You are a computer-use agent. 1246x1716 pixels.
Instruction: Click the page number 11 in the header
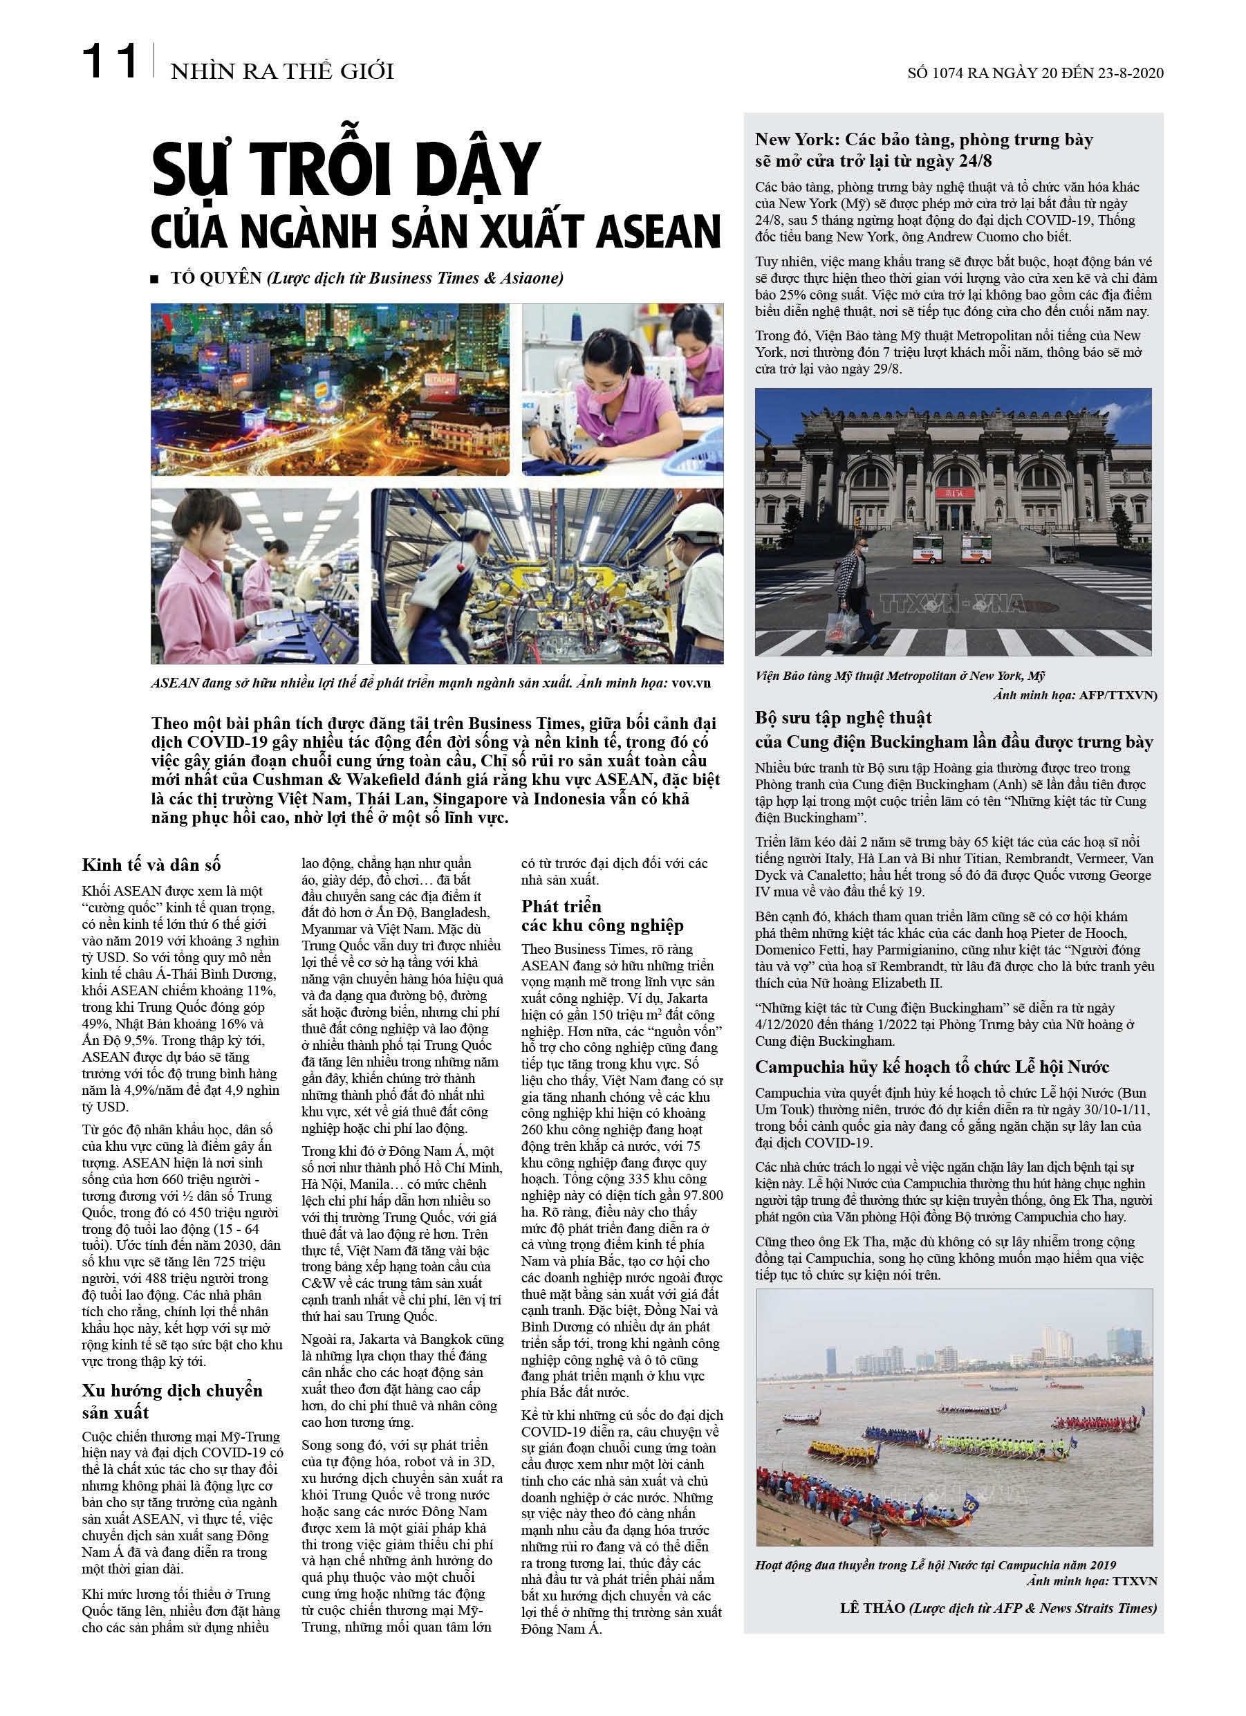click(110, 62)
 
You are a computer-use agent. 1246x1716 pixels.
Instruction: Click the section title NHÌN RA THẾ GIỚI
click(282, 72)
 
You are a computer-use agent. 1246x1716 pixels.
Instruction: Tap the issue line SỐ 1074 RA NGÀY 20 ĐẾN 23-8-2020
click(1035, 73)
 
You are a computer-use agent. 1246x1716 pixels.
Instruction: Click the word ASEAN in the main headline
click(658, 232)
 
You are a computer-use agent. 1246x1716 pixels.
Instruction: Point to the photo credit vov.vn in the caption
click(691, 683)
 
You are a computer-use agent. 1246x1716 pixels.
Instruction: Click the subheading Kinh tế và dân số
click(151, 865)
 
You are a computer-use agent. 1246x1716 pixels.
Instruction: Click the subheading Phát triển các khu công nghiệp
click(602, 916)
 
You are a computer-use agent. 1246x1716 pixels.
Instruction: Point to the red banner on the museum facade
click(952, 493)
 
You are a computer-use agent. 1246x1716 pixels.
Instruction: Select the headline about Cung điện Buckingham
click(954, 730)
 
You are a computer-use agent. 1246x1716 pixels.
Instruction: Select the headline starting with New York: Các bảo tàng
click(924, 150)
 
